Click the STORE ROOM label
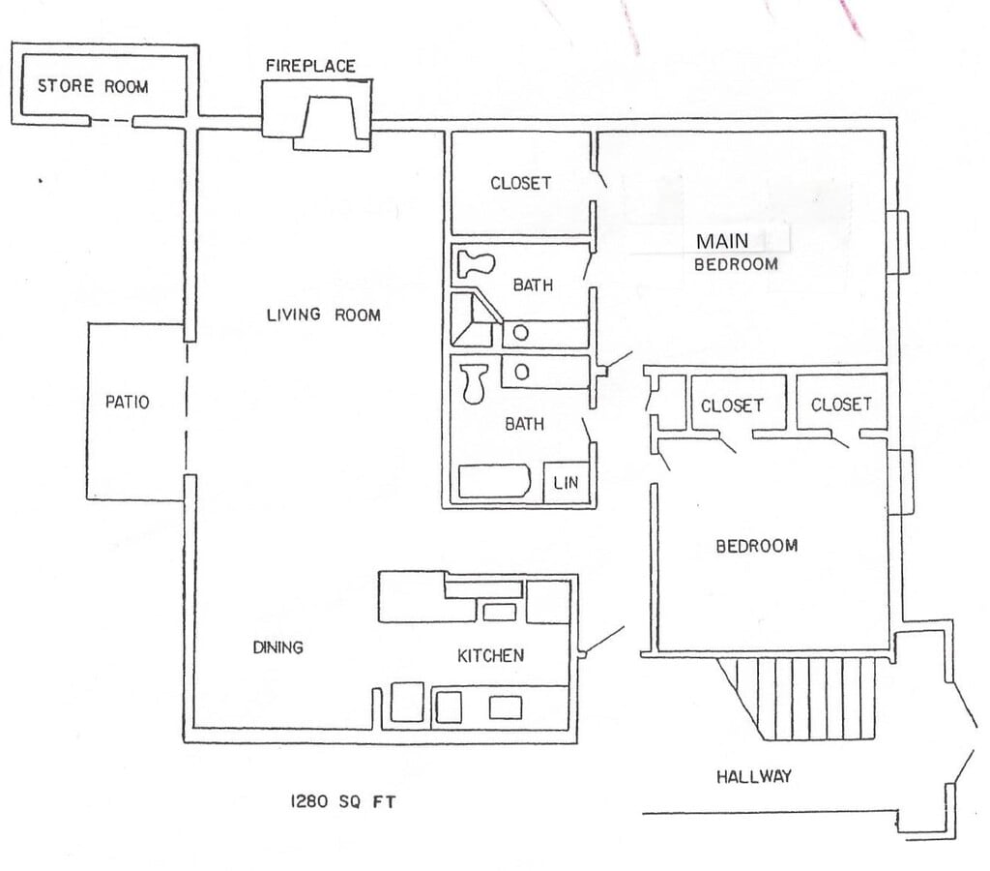93,86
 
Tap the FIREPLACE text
310,66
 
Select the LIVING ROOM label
323,315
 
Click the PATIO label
128,401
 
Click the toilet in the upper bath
476,263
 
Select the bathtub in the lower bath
494,482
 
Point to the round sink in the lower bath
520,371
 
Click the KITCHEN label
490,655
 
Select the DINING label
277,647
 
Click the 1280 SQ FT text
343,801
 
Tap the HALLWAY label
753,776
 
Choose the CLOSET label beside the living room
520,183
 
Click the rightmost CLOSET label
841,405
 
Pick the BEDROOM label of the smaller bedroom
756,546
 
